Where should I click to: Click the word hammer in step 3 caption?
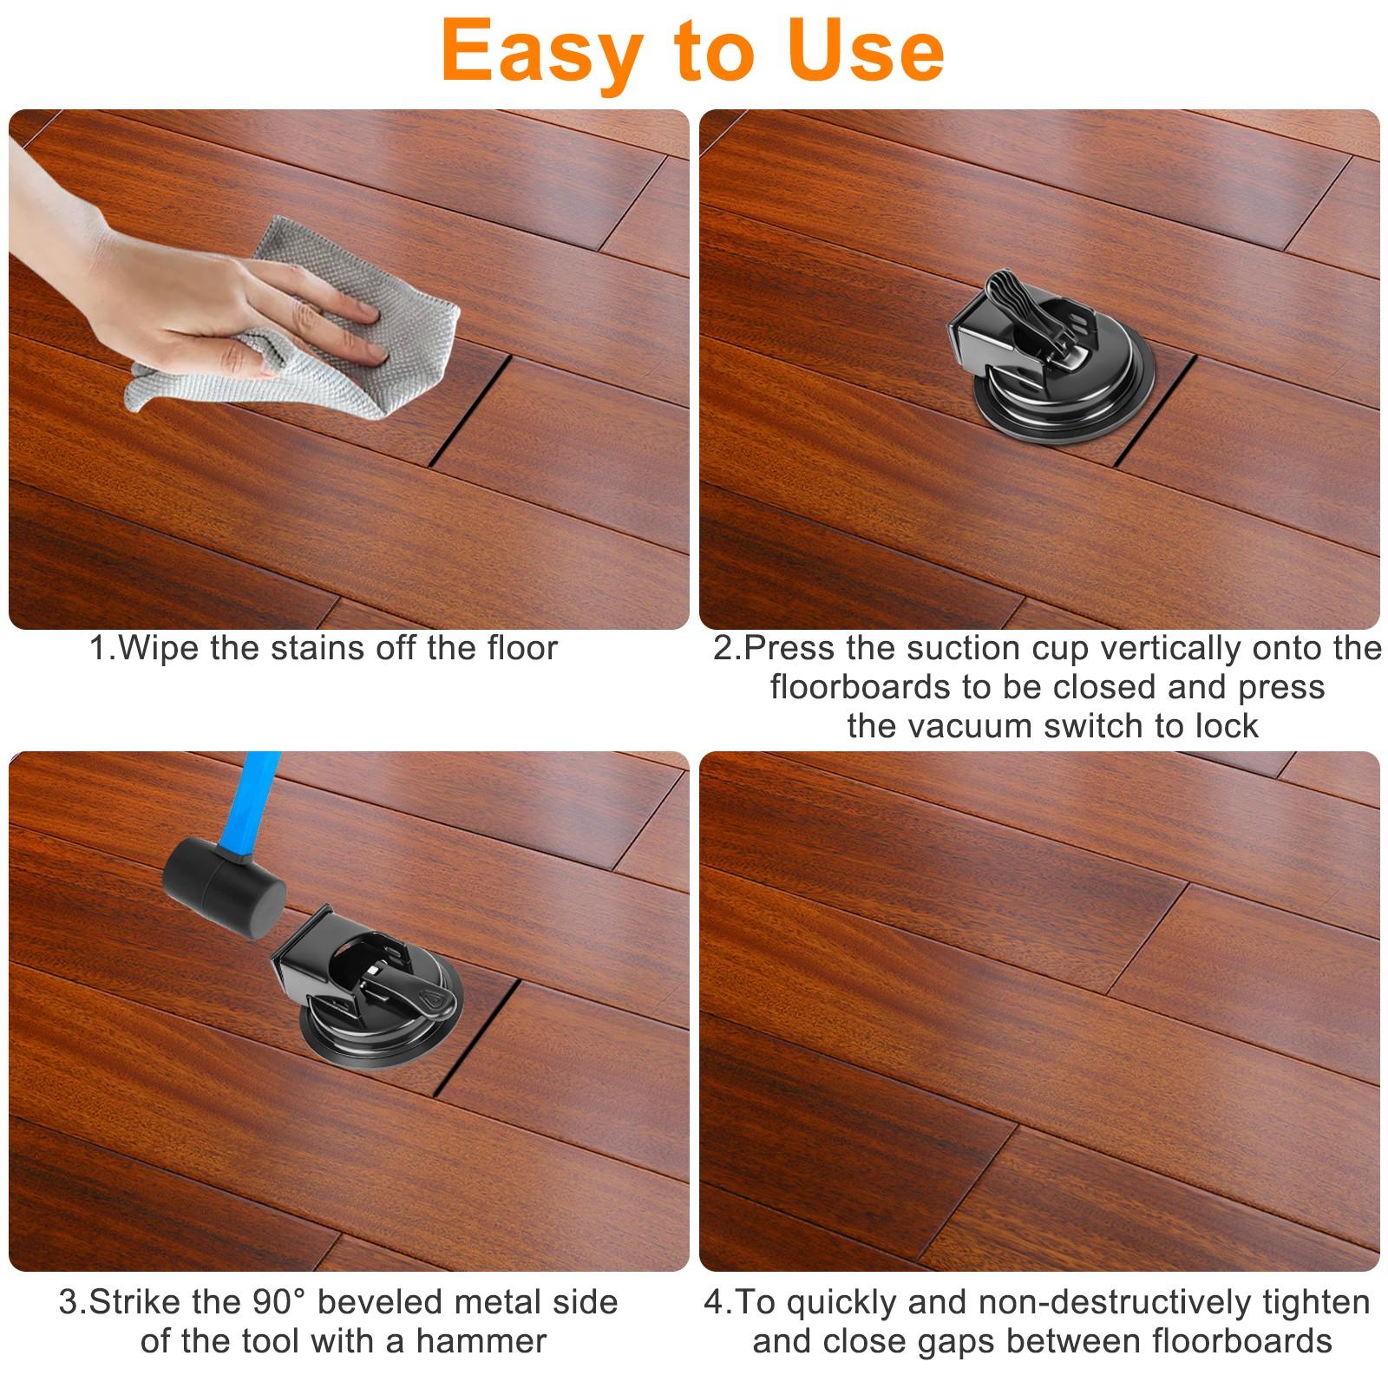click(x=481, y=1341)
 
